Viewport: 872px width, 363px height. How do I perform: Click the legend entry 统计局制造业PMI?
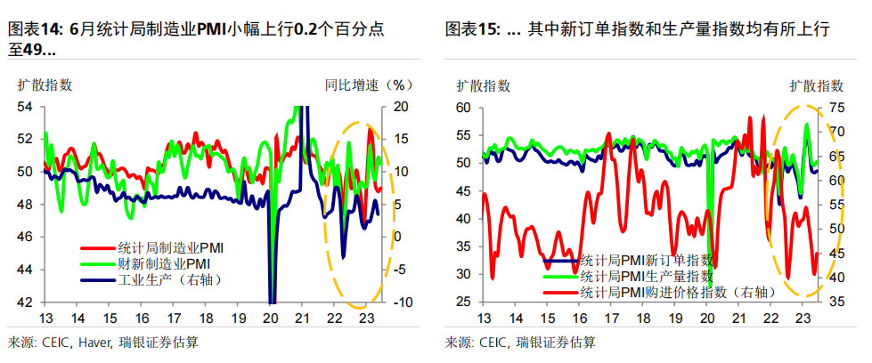164,247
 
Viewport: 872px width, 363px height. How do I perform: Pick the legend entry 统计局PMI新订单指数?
645,261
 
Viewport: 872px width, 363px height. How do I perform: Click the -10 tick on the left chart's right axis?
397,302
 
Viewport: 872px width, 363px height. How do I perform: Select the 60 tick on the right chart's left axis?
461,107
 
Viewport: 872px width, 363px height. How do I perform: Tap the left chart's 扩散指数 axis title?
45,85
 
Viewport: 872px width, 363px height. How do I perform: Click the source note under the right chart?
521,343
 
